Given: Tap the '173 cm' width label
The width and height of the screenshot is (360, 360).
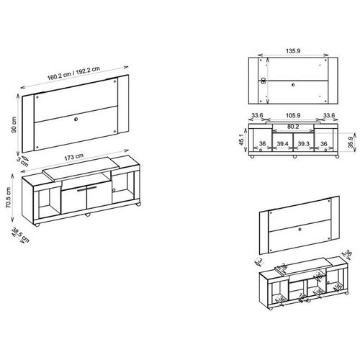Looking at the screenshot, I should click(x=77, y=156).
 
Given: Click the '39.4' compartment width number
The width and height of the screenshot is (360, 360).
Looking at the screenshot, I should click(x=282, y=164).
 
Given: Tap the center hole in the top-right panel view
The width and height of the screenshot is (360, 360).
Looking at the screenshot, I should click(x=294, y=85).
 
